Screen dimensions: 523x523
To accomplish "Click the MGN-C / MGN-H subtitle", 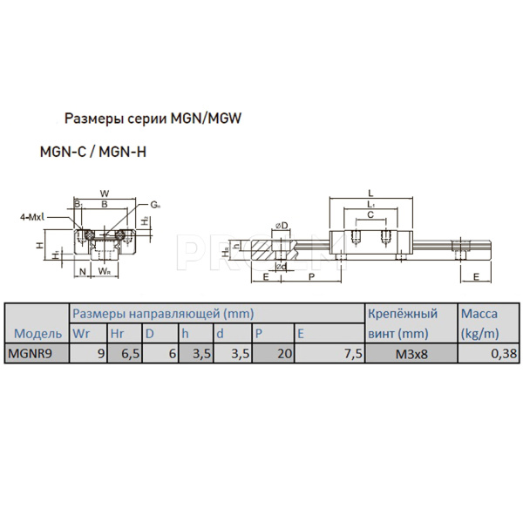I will [x=93, y=150].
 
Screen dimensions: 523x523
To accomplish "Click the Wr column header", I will [x=81, y=333].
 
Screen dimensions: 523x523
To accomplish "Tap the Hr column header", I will [x=117, y=333].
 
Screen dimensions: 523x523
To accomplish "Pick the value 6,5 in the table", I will [x=127, y=353].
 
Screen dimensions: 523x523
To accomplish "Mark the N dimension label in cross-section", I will [x=82, y=272].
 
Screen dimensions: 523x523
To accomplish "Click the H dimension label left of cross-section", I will [x=39, y=246].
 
